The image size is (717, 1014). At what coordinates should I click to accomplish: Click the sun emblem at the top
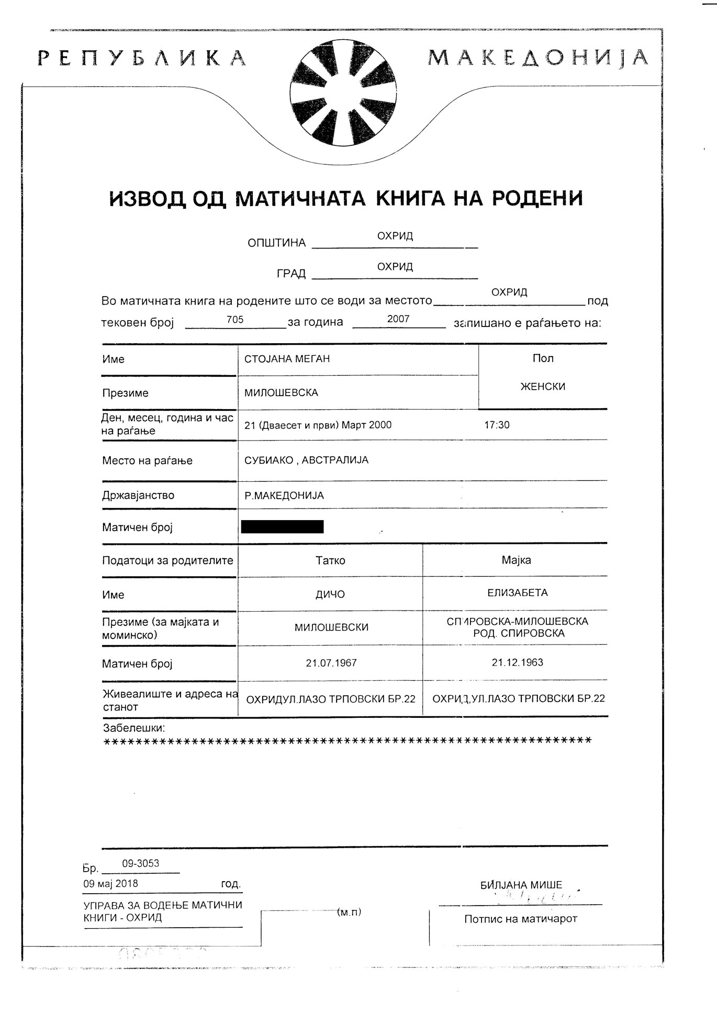(x=343, y=93)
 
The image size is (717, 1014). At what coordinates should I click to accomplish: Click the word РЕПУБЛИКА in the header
(x=142, y=58)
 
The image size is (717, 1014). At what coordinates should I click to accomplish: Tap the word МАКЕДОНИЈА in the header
(x=538, y=58)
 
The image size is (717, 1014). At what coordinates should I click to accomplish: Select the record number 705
(x=235, y=320)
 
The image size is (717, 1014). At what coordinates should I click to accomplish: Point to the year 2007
(x=398, y=319)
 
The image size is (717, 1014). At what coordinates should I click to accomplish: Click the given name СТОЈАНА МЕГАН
(x=287, y=359)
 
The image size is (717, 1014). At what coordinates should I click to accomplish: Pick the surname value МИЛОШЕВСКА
(x=281, y=392)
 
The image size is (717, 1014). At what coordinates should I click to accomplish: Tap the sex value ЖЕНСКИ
(x=543, y=387)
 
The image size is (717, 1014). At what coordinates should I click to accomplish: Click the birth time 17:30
(x=497, y=425)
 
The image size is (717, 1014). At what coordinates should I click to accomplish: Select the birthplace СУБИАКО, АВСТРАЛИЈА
(x=306, y=460)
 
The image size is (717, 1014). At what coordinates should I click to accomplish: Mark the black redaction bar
(x=282, y=526)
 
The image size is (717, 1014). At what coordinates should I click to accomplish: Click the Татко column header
(x=330, y=560)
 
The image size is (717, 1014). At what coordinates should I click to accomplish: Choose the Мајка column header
(x=516, y=560)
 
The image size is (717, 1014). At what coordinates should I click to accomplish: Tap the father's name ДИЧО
(x=330, y=594)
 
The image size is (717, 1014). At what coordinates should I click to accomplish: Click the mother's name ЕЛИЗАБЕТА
(x=518, y=593)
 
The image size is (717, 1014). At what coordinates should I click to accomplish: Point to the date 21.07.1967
(x=331, y=663)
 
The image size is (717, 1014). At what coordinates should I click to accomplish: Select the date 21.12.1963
(x=517, y=662)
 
